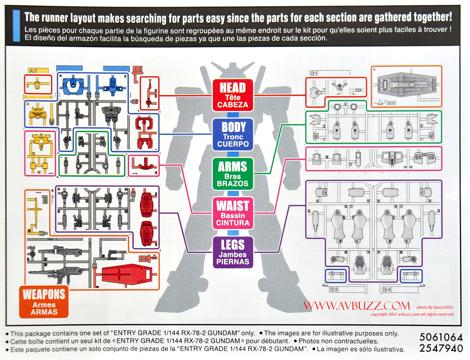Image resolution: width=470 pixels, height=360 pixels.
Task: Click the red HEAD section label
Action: click(233, 95)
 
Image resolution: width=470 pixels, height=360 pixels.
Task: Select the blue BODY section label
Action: click(233, 135)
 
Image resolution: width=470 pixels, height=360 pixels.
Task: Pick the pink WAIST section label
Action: click(233, 213)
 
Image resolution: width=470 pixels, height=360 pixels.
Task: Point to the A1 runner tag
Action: click(33, 71)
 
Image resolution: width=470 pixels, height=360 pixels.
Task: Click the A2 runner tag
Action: click(138, 69)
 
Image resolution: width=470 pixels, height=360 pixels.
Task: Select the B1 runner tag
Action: click(314, 73)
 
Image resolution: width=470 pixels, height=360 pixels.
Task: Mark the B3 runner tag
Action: click(333, 289)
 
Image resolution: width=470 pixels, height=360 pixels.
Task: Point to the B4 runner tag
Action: click(387, 289)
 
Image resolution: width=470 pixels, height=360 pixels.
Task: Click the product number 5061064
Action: click(441, 337)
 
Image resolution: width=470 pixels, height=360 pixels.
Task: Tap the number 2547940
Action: click(441, 348)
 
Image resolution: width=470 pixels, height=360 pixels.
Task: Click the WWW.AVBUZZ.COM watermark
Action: click(357, 306)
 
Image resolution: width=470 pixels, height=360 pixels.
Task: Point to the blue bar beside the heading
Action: click(16, 26)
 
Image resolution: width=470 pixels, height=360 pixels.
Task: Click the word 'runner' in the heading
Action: click(55, 17)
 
